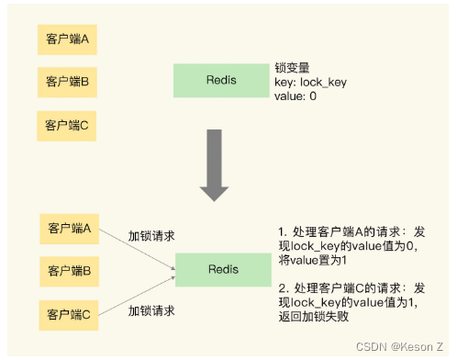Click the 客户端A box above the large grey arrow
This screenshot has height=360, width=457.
(x=67, y=40)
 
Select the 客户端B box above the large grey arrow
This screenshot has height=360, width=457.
(x=67, y=81)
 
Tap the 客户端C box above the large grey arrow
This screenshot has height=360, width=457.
(x=67, y=124)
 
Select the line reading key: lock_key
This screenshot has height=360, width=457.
(x=311, y=82)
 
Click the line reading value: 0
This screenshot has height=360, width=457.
(x=295, y=96)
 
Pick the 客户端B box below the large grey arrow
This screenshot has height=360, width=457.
(x=67, y=270)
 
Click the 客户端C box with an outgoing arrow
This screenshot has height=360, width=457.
(x=67, y=316)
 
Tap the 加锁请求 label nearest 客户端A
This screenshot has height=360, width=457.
(x=151, y=236)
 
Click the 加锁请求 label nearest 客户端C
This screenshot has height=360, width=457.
(x=151, y=309)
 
